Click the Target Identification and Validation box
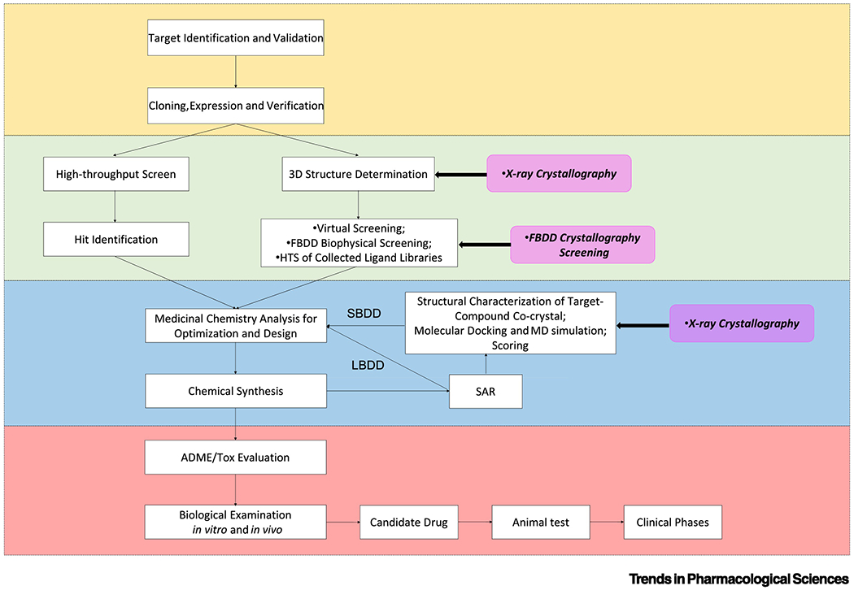coord(235,38)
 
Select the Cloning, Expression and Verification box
coord(235,106)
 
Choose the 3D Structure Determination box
coord(357,173)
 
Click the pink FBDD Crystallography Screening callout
coord(582,245)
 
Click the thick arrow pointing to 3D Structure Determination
coord(460,174)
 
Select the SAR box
coord(486,391)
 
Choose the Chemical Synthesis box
coord(235,391)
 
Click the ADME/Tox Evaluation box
coord(235,458)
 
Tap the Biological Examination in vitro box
coord(235,522)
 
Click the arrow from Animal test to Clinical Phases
coord(599,522)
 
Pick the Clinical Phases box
coord(673,522)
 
